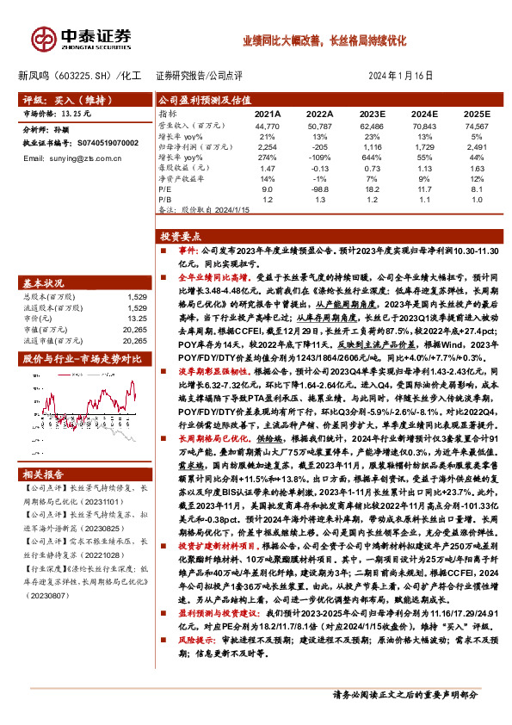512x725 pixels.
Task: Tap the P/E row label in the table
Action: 164,189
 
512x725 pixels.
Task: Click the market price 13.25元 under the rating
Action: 71,114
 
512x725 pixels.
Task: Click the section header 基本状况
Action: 43,283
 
